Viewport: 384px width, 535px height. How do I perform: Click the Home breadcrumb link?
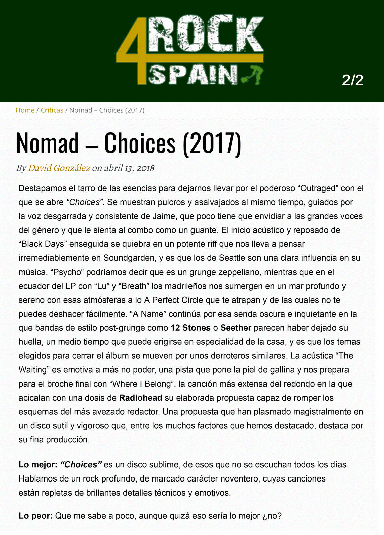[x=25, y=110]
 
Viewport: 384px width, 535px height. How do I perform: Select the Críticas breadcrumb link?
[x=52, y=110]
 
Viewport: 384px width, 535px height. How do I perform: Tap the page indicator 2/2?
[x=353, y=80]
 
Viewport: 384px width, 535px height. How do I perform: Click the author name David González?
[x=59, y=168]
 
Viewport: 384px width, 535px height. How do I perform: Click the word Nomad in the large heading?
[x=47, y=143]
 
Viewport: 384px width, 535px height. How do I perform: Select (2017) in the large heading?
[x=212, y=143]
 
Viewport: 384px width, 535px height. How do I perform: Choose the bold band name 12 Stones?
[x=190, y=328]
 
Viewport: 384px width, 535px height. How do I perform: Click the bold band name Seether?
[x=236, y=328]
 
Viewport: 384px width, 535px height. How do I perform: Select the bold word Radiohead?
[x=141, y=398]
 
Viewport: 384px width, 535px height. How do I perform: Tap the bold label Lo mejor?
[x=38, y=465]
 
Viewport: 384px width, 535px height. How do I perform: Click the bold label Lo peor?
[x=35, y=516]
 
